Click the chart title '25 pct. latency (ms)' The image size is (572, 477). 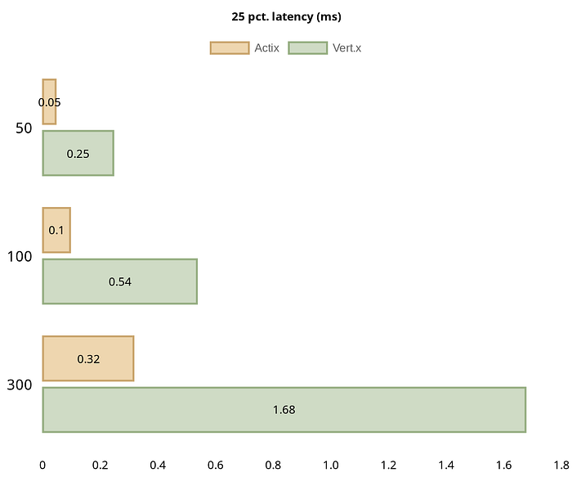coord(285,16)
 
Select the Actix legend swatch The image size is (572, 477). coord(229,48)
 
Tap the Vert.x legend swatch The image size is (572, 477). coord(307,48)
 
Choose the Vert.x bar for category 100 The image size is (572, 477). coord(119,281)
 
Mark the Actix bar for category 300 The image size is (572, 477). coord(87,358)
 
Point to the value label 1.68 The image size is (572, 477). coord(284,410)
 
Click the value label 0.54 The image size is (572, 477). coord(120,282)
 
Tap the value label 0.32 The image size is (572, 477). coord(88,359)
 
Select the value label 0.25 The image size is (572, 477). coord(78,154)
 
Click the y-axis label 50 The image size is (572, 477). coord(24,128)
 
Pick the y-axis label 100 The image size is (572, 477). coord(20,257)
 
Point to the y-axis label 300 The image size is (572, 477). coord(20,385)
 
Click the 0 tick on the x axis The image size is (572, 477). coord(42,465)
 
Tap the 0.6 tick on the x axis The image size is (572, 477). coord(216,465)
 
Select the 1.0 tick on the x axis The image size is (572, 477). coord(331,465)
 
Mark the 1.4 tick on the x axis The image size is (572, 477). coord(446,465)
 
